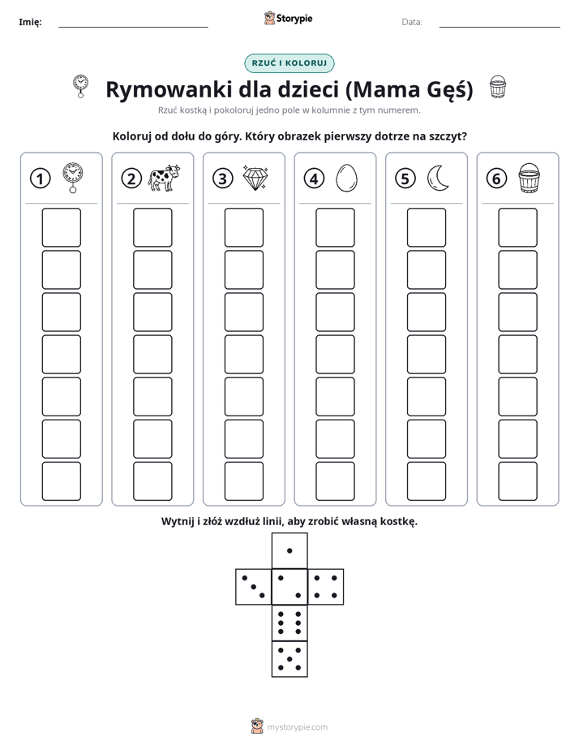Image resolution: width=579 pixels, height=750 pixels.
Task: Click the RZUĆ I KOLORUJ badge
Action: tap(289, 63)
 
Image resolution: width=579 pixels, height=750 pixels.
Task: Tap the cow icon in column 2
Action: tap(164, 178)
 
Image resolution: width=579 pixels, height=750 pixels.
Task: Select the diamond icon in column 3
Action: tap(255, 179)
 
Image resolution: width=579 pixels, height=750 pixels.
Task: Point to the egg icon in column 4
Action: tap(346, 179)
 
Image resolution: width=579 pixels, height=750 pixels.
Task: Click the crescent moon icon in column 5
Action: tap(437, 179)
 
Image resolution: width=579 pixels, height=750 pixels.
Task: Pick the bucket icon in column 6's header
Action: tap(530, 178)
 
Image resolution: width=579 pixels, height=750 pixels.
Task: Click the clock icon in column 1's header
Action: tap(73, 178)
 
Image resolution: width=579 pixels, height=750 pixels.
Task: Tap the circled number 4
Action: tap(314, 179)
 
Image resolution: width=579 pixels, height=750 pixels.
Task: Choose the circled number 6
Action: tap(496, 179)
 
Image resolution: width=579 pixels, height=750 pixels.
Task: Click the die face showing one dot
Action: tap(289, 550)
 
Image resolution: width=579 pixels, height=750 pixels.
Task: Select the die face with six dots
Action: tap(289, 623)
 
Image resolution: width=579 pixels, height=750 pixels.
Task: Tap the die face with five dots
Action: tap(289, 659)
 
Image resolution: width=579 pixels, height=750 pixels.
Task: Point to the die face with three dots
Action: tap(254, 587)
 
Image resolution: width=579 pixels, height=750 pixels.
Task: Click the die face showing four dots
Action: tap(326, 587)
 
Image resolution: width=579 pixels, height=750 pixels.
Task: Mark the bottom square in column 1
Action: tap(61, 481)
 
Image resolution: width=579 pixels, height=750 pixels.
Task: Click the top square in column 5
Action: tap(427, 227)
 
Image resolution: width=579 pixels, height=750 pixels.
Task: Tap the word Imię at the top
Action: tap(30, 23)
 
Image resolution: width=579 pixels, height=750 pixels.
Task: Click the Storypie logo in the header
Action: tap(288, 19)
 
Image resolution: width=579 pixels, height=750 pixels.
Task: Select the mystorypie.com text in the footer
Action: tap(297, 727)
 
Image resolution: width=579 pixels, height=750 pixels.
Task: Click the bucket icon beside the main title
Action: tap(498, 87)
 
